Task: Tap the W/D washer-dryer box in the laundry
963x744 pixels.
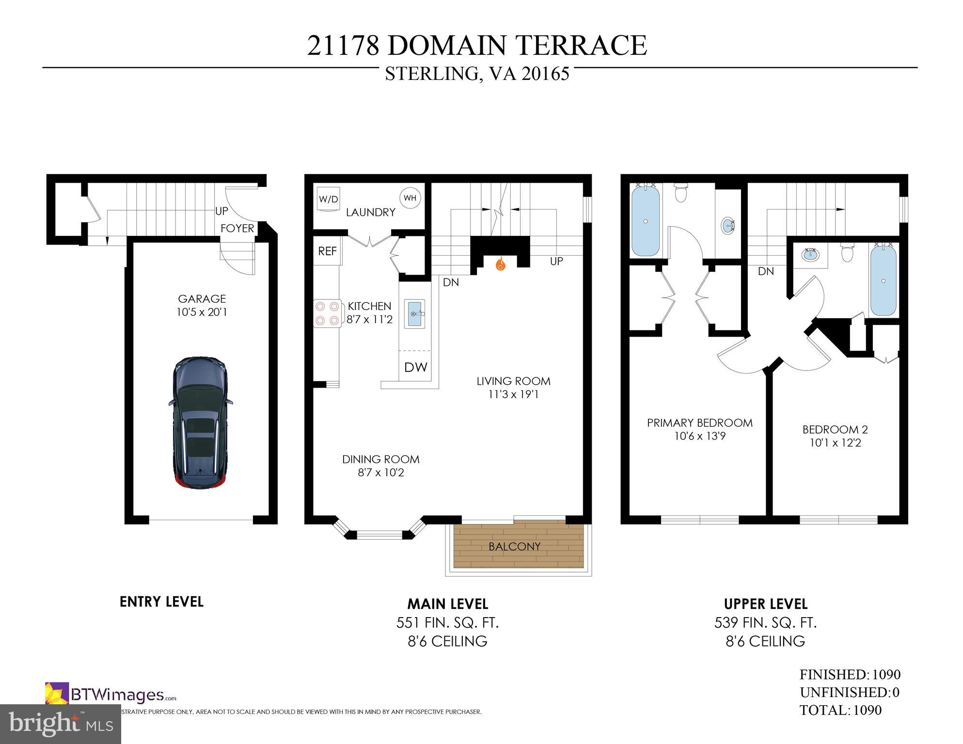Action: [x=328, y=199]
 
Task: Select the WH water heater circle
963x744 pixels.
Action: [x=410, y=198]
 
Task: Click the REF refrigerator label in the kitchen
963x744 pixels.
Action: [x=327, y=251]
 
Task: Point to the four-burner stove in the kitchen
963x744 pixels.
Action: [x=327, y=313]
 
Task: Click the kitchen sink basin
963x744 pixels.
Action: [x=415, y=314]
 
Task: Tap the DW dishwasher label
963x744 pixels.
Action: [x=415, y=367]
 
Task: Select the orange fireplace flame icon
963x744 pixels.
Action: [x=500, y=264]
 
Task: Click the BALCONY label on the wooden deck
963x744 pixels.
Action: [x=514, y=546]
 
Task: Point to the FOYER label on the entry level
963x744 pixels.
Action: [x=237, y=228]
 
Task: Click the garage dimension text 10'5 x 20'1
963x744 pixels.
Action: [x=202, y=312]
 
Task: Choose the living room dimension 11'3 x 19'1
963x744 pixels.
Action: [x=513, y=394]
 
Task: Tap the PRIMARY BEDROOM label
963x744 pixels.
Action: [x=699, y=422]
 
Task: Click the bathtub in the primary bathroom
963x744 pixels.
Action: [x=646, y=221]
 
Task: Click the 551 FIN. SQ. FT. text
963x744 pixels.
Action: [x=447, y=622]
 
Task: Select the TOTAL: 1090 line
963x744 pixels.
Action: [x=840, y=710]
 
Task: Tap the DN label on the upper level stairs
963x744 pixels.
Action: [x=766, y=271]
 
